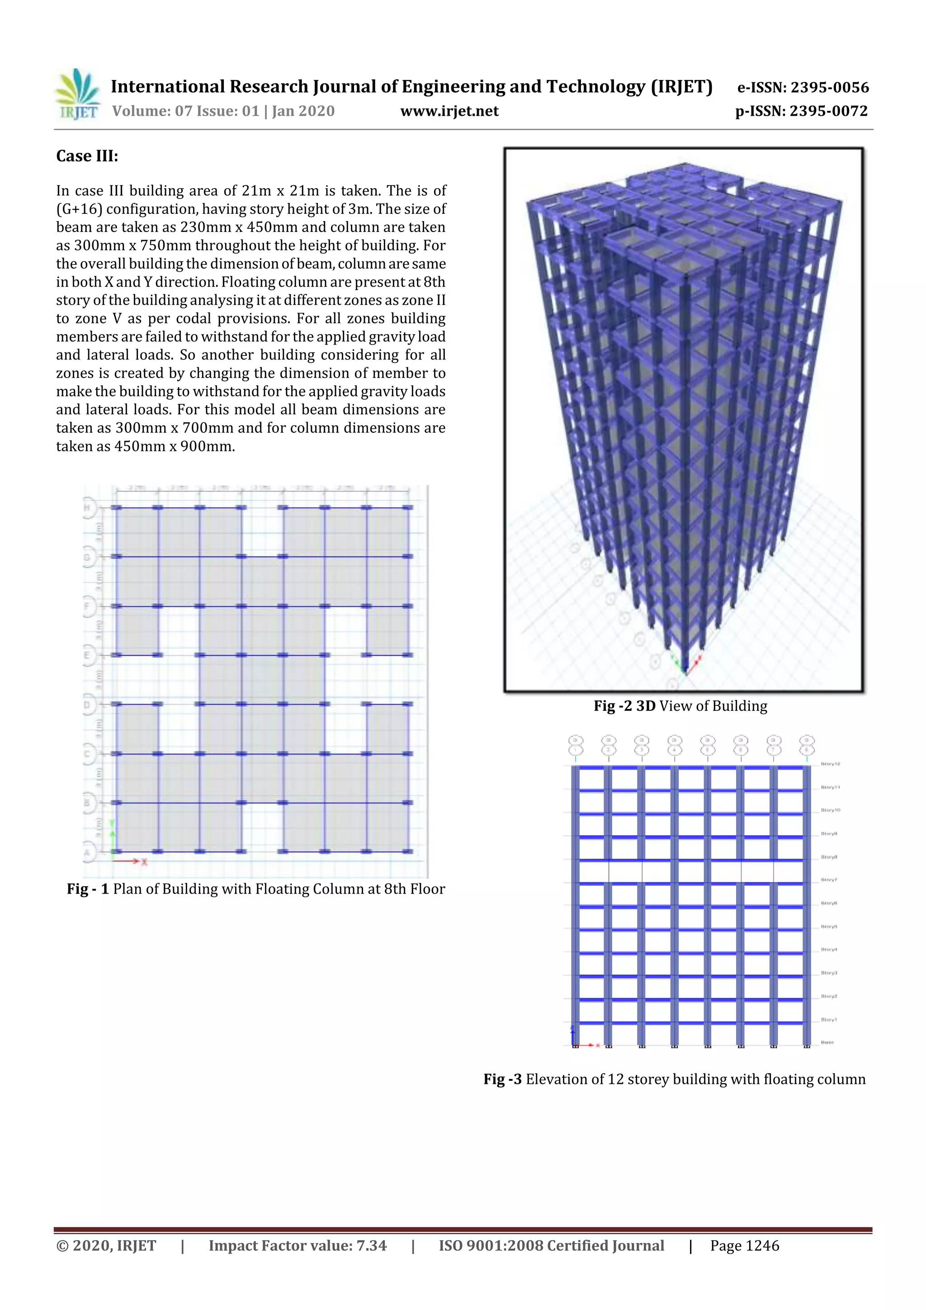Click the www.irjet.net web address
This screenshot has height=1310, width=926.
[x=449, y=111]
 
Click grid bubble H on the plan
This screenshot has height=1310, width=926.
[x=89, y=507]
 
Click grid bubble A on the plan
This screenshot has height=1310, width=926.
[x=89, y=852]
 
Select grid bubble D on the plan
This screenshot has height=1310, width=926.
[x=89, y=705]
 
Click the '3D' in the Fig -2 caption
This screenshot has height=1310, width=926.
[x=645, y=706]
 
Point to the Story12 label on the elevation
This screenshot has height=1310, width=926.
[x=830, y=763]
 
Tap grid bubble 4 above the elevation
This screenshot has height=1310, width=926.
[x=675, y=745]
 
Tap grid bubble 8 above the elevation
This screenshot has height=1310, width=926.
[x=806, y=745]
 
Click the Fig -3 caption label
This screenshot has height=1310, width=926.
[x=502, y=1079]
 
